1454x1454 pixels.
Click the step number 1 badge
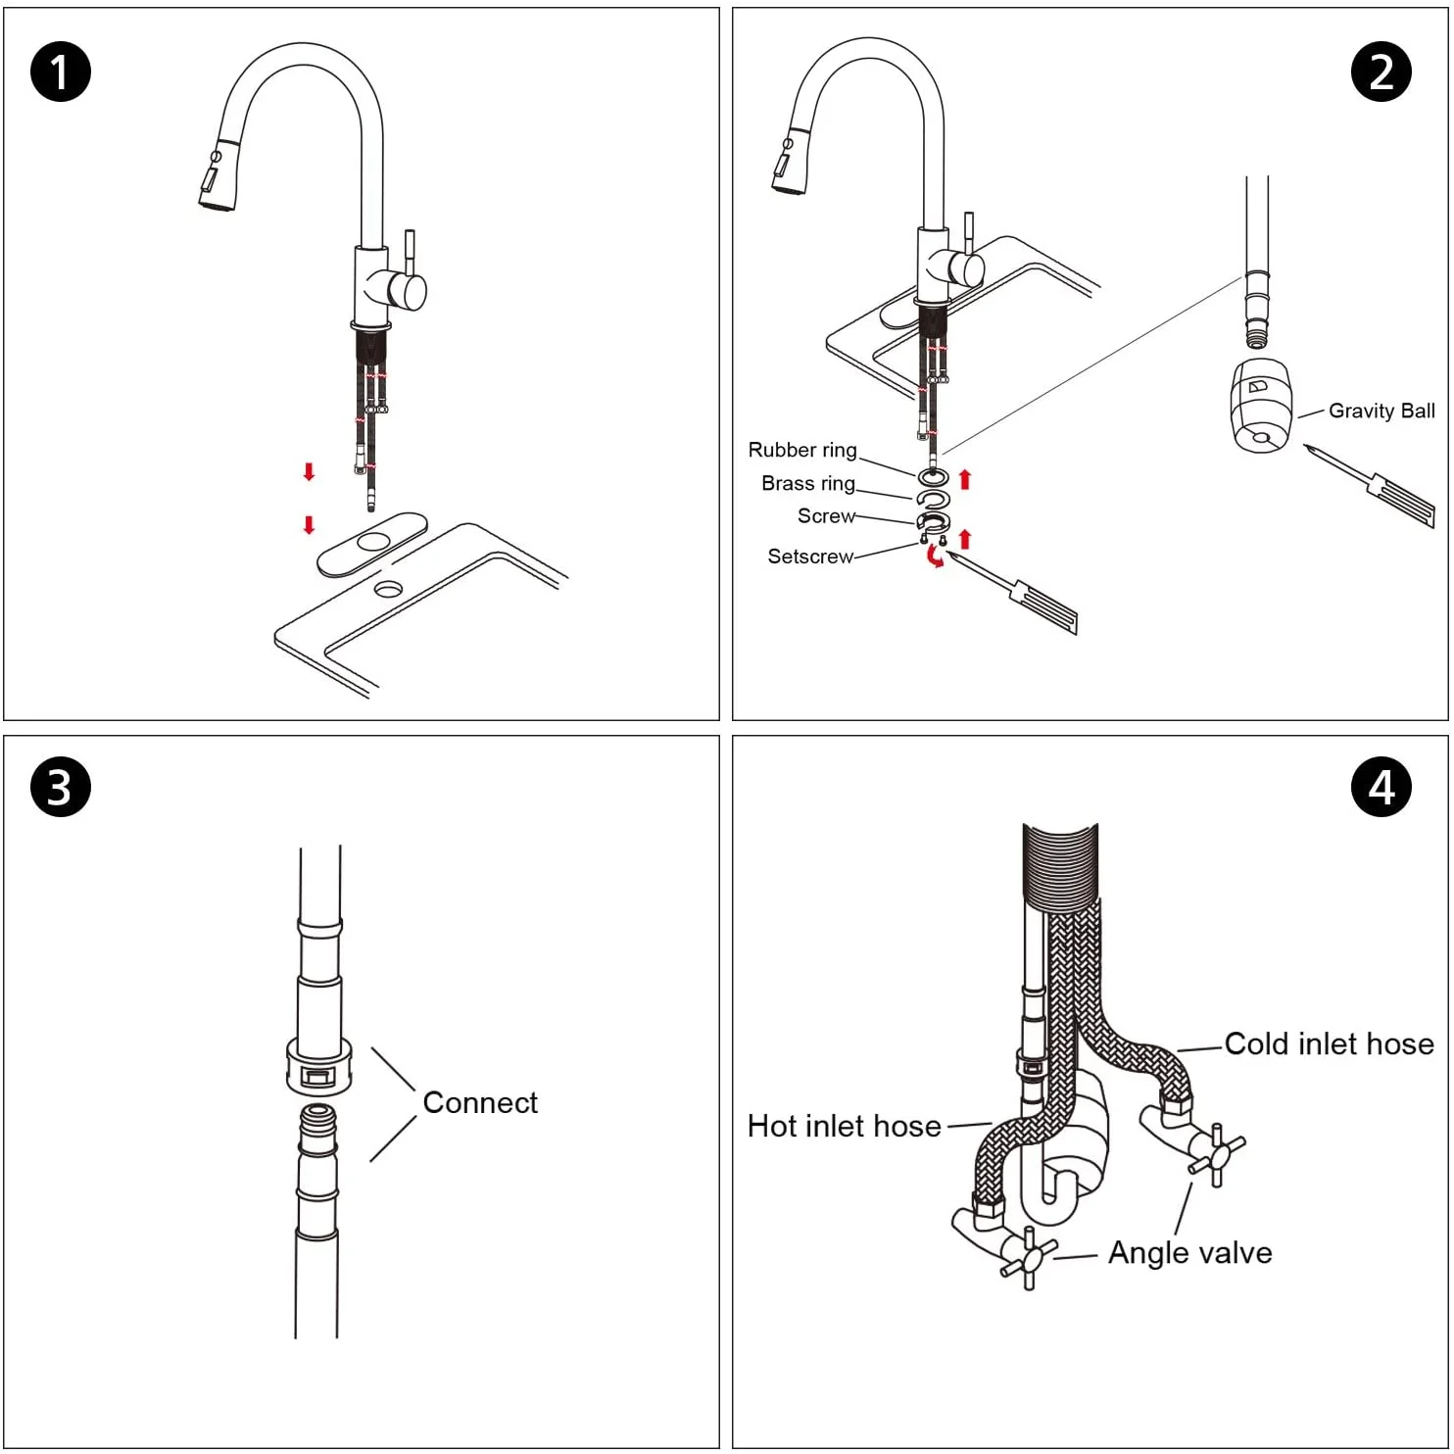61,73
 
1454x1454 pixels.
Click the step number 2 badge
1381,73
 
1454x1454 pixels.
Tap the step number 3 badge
61,787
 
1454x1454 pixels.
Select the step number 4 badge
1381,787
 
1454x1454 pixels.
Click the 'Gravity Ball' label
1381,412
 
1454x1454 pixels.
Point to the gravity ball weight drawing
1261,406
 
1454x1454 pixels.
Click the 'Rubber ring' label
801,451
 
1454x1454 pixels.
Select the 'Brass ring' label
807,484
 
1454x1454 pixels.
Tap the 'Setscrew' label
809,557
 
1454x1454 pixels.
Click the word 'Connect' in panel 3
480,1103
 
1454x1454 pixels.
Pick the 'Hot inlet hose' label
844,1127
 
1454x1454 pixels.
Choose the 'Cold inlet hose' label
1329,1044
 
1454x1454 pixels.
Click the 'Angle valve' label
1189,1253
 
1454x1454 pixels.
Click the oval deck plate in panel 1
372,543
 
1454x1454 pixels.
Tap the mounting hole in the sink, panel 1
388,589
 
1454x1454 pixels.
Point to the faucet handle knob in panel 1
408,291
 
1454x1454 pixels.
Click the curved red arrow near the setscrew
936,557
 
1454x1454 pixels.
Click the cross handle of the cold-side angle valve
1216,1155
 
